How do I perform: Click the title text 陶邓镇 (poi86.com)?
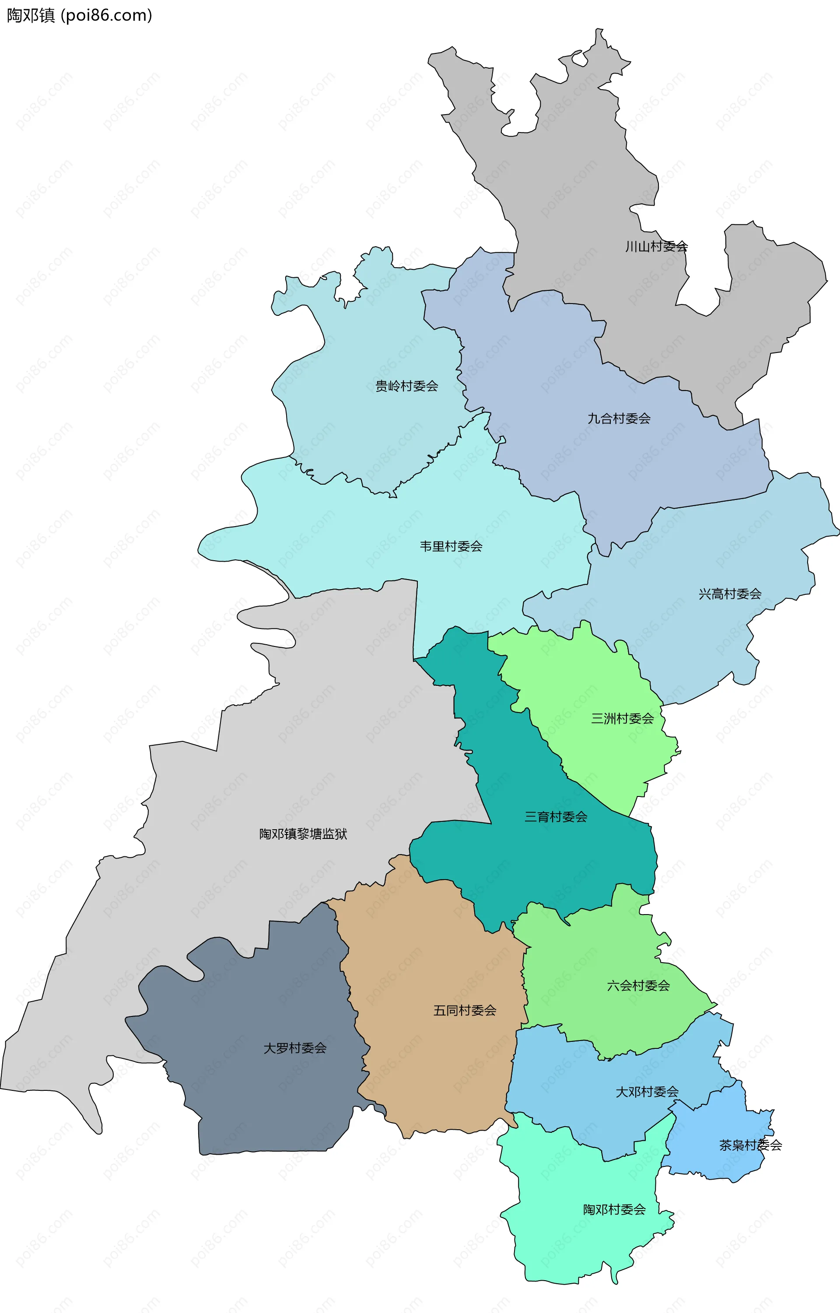79,15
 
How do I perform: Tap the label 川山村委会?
656,246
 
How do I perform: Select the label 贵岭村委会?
406,386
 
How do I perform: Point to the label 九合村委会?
619,419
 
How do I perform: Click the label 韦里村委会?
451,546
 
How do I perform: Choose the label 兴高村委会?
730,594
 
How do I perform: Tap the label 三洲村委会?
623,719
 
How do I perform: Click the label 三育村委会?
556,817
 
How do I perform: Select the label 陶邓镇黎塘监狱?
303,834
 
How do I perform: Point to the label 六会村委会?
638,985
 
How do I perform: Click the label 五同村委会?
465,1010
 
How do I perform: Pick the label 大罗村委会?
295,1048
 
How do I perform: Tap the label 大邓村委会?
647,1092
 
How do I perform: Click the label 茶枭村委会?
751,1145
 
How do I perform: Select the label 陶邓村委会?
614,1209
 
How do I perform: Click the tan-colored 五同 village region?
436,1063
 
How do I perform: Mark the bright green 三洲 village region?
589,681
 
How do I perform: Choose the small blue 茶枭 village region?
720,1161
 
